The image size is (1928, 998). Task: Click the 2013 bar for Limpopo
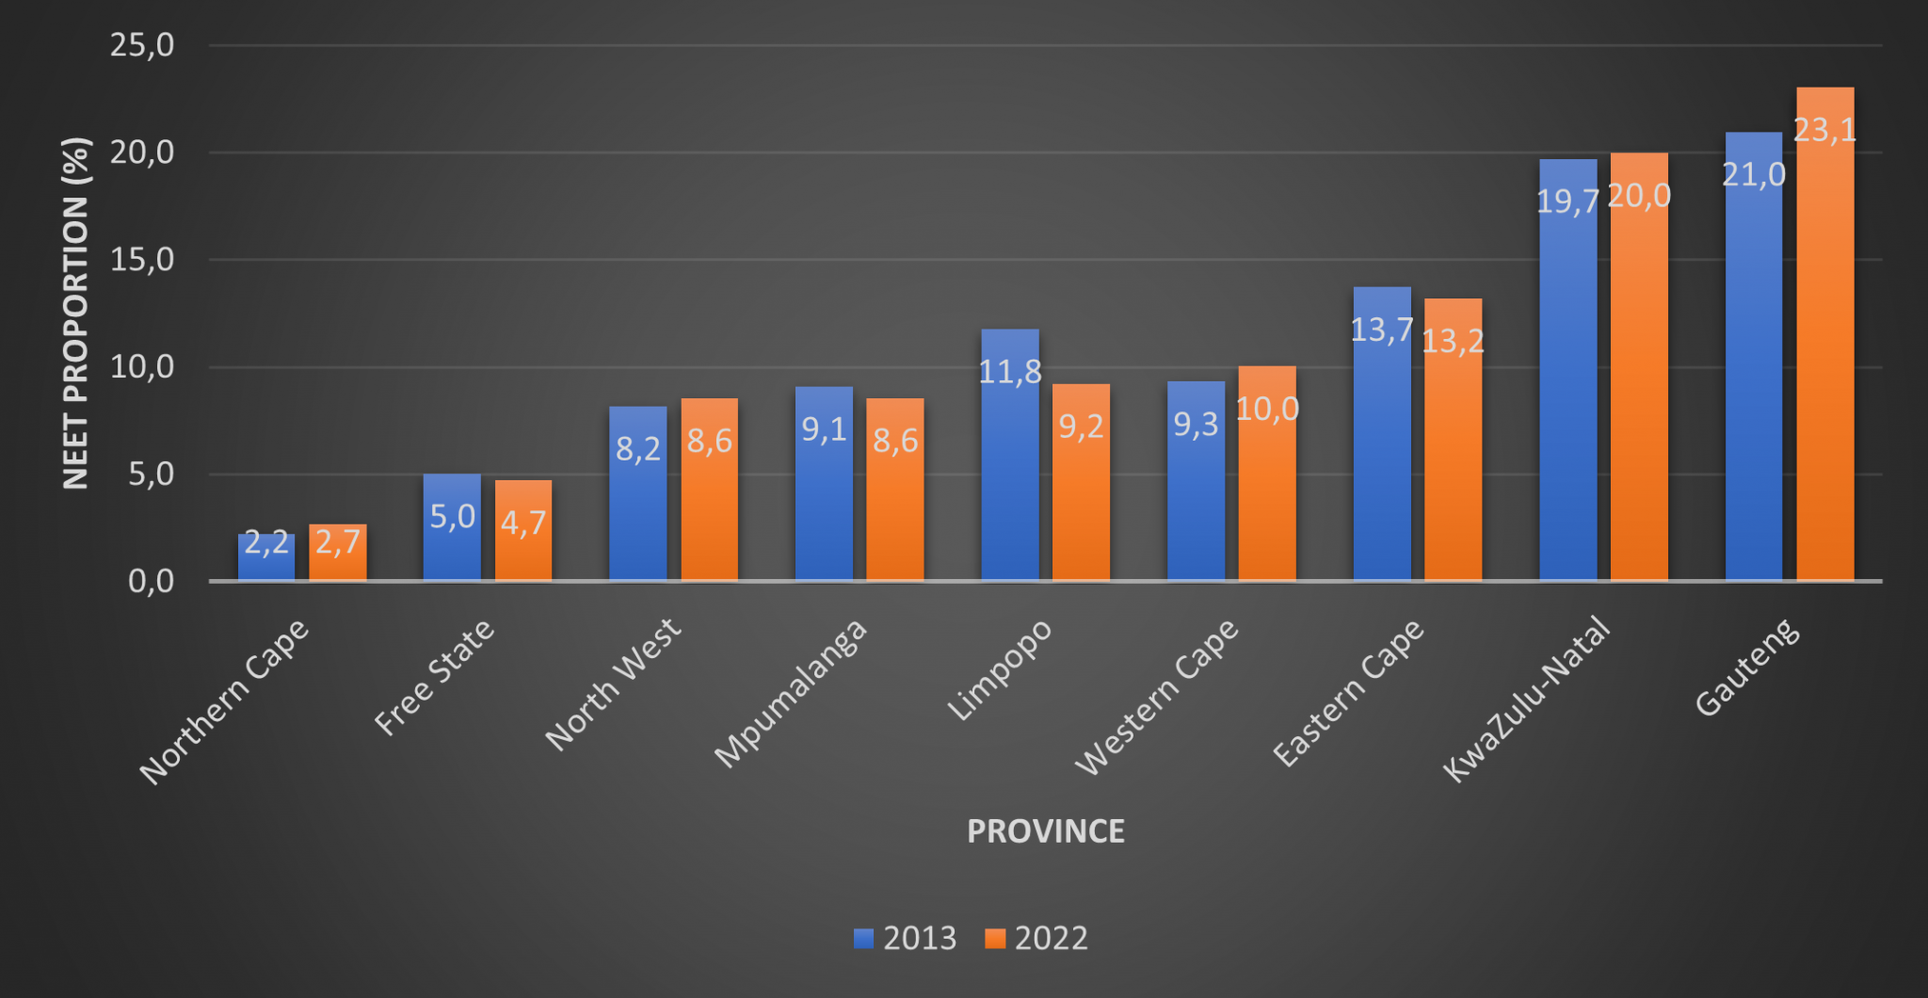(1009, 471)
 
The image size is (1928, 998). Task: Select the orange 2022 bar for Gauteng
(1824, 358)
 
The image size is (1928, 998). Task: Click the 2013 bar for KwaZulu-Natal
(1567, 395)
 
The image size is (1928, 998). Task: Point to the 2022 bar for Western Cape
(1266, 490)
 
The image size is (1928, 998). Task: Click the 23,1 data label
(1824, 130)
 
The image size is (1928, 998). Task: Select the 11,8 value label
(1010, 372)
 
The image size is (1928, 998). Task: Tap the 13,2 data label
(1453, 341)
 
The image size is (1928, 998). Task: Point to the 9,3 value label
(1196, 425)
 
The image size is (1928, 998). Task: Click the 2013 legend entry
(906, 938)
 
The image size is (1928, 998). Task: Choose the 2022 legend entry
(1036, 938)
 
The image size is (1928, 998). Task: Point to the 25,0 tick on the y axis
(142, 44)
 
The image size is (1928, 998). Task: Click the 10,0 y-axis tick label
(142, 366)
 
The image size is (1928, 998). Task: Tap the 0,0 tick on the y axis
(151, 581)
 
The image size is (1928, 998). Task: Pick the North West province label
(613, 684)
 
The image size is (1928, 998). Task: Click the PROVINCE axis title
(1045, 831)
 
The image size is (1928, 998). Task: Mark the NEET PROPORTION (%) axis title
(75, 313)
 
